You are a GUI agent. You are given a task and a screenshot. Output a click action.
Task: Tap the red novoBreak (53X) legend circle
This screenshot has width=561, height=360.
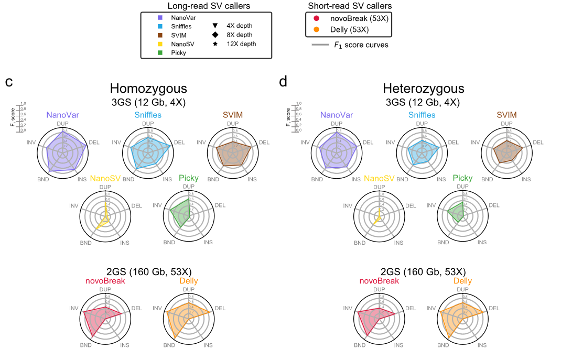tap(317, 18)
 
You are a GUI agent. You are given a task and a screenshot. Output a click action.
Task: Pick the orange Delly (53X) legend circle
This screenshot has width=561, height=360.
tap(317, 29)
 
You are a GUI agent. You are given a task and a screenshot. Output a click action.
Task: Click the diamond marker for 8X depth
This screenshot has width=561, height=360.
tap(215, 35)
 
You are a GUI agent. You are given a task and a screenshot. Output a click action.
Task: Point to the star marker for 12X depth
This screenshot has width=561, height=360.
tap(215, 44)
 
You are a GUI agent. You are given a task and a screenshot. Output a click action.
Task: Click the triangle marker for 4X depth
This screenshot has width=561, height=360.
tap(215, 25)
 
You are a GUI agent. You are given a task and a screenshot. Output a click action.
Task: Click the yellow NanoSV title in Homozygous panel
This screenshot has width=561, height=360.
tap(105, 178)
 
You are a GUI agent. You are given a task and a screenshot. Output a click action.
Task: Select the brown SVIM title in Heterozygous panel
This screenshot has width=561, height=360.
tap(506, 115)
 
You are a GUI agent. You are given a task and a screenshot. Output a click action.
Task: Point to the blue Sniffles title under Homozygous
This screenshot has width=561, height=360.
tap(148, 115)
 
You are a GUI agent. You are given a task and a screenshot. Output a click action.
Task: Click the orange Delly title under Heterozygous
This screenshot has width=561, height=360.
tap(462, 281)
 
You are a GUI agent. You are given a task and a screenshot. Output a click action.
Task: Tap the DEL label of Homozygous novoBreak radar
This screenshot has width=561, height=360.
tap(136, 308)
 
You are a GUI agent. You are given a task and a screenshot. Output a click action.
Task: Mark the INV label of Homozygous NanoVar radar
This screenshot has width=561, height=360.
tap(31, 142)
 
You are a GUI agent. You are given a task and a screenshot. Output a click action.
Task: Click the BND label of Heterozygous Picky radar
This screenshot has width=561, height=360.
tap(445, 243)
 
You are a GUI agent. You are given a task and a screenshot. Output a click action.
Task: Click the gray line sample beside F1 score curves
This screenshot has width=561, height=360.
tap(320, 45)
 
